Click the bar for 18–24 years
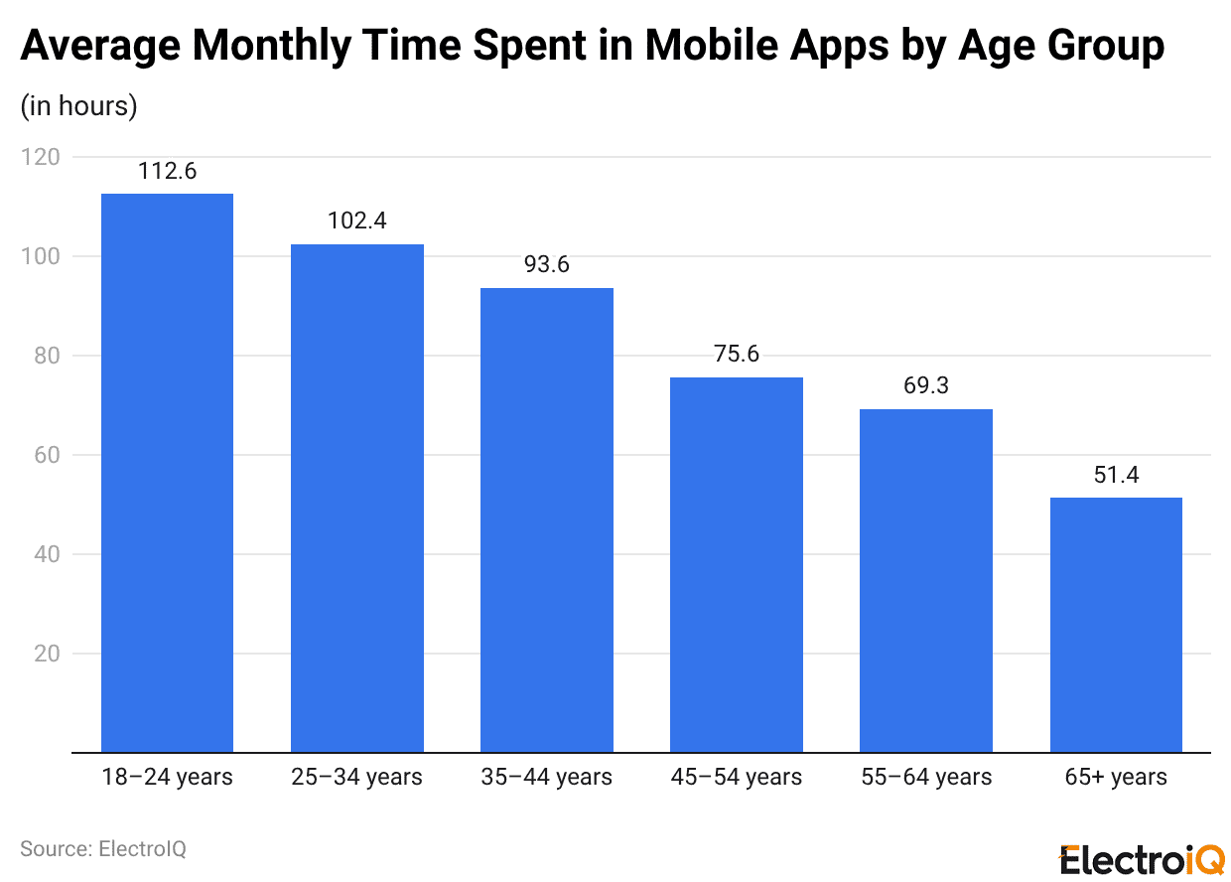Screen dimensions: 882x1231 167,473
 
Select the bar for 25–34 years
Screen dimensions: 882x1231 356,499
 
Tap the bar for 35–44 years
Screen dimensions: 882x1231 546,520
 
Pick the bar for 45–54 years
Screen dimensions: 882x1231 736,565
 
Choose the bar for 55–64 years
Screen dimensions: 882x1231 925,581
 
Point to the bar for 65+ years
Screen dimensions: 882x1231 1115,625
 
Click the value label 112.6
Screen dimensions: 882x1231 167,171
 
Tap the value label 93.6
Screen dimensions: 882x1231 546,265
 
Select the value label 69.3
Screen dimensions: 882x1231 925,385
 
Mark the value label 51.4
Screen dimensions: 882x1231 1115,475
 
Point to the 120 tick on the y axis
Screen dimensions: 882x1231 42,157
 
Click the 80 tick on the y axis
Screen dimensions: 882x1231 48,356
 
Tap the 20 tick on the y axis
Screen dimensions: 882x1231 48,654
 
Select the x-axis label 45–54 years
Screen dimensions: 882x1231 736,777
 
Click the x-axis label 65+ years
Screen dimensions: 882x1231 1115,777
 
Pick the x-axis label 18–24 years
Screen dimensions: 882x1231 167,777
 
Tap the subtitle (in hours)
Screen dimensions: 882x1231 78,105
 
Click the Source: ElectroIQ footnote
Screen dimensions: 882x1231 103,848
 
